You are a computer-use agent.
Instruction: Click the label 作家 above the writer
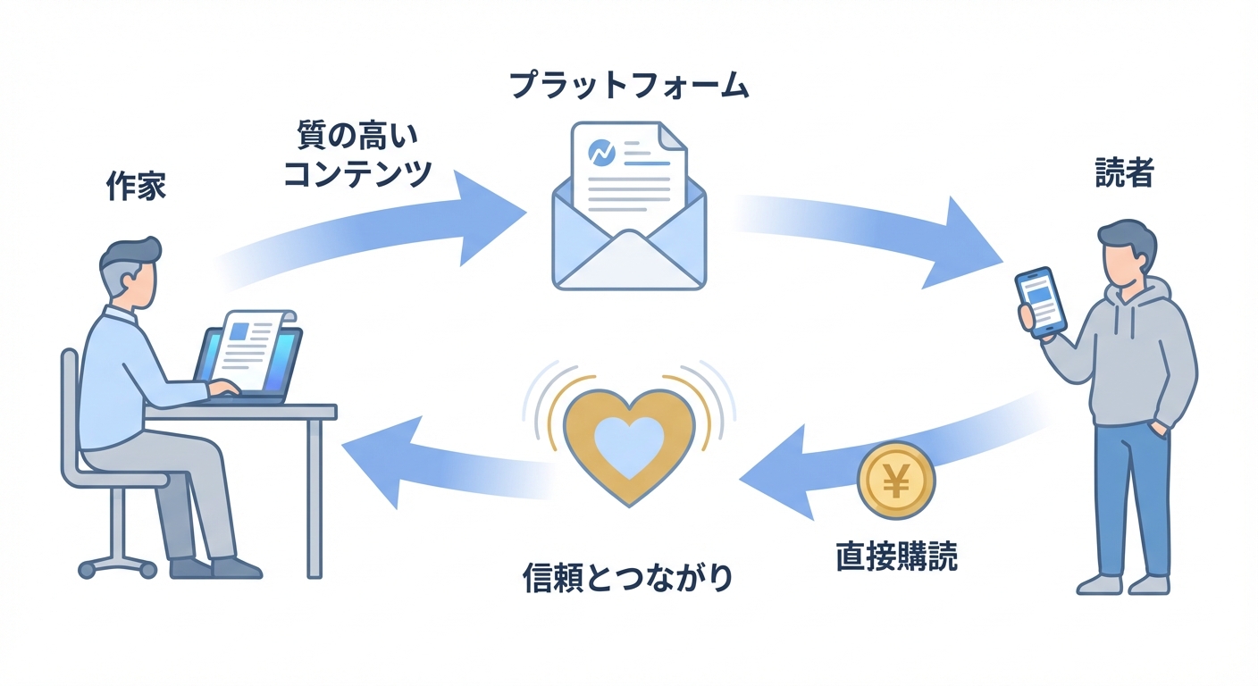point(136,188)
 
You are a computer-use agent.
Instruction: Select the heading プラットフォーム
point(628,86)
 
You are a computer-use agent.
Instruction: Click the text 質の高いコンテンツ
point(356,155)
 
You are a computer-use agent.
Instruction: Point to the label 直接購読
point(896,556)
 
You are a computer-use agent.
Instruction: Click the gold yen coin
point(895,483)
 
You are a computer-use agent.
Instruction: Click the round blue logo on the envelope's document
point(602,151)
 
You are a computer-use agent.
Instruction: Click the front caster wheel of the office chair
point(88,568)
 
